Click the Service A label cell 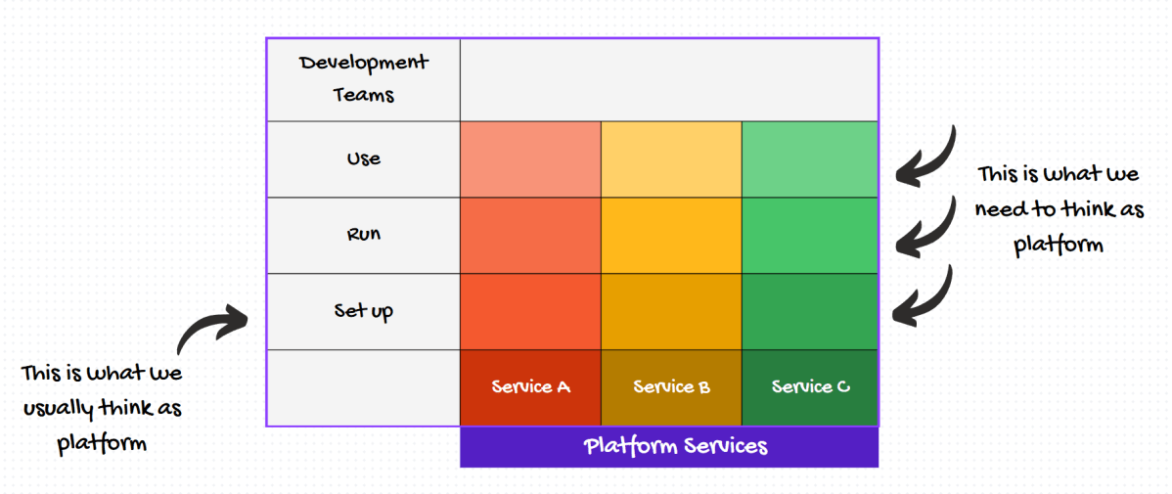(x=530, y=387)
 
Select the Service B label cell (x=671, y=387)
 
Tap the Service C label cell (x=810, y=387)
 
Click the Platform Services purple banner (x=669, y=447)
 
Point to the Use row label (x=363, y=158)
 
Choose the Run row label (x=363, y=235)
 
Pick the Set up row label (x=363, y=311)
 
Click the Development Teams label (x=363, y=79)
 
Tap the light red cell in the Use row (x=530, y=159)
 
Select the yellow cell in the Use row (x=671, y=159)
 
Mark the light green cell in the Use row (x=810, y=159)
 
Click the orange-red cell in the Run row (x=530, y=236)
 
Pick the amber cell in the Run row (x=671, y=236)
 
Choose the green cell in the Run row (x=810, y=236)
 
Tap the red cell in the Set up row (x=530, y=312)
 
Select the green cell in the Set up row (x=810, y=312)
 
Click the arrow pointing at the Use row (x=926, y=157)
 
